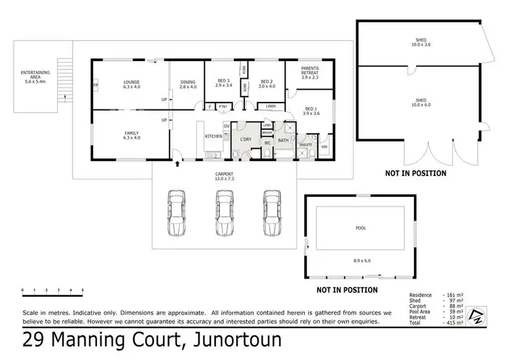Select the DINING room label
(188, 83)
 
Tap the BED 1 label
(311, 109)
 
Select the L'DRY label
(246, 139)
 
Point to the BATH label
(283, 141)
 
